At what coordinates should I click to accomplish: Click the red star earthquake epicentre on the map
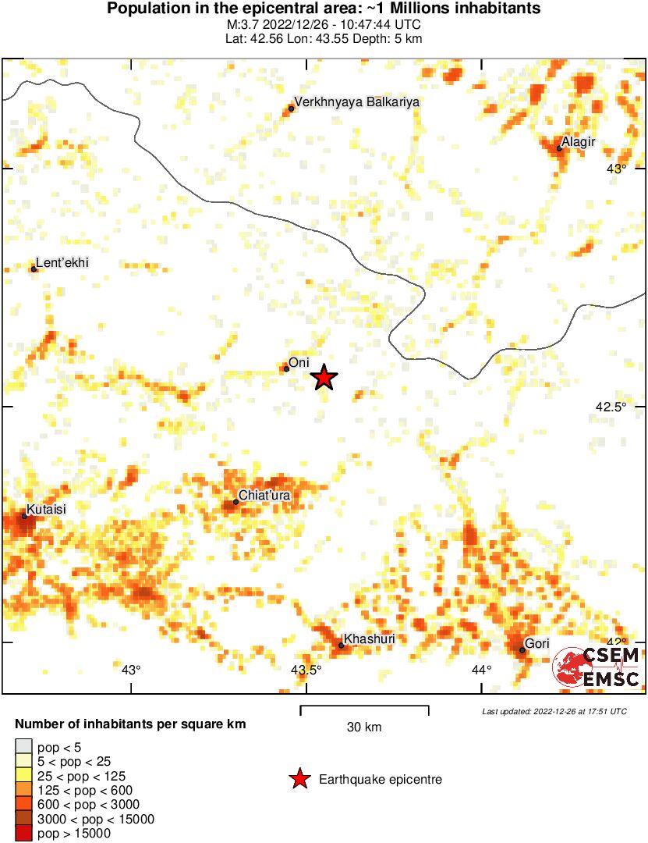point(324,378)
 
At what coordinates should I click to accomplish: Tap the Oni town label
point(299,362)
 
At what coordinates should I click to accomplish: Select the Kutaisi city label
point(47,509)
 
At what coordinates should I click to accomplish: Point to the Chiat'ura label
point(265,494)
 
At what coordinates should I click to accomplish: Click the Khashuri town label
point(370,638)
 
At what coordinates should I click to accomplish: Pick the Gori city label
point(537,643)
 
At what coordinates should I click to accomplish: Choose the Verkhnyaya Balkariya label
point(357,101)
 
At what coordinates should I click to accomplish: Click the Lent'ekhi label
point(62,263)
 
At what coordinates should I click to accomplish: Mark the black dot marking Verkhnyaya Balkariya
point(292,108)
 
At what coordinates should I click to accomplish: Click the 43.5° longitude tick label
point(306,669)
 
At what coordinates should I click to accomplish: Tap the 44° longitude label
point(481,669)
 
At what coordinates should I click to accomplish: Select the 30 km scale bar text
point(364,727)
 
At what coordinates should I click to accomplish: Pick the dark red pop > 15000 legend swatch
point(24,833)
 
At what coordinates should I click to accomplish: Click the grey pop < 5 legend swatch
point(24,746)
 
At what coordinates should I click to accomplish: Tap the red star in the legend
point(299,779)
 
